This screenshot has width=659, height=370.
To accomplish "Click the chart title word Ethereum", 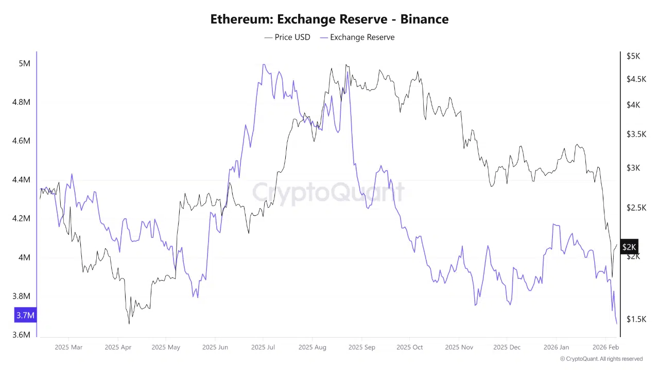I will (x=241, y=20).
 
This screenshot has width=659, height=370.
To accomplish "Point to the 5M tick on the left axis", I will (x=24, y=63).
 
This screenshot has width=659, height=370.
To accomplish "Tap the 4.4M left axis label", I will (x=21, y=180).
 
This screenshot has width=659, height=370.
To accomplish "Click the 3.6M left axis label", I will (x=21, y=335).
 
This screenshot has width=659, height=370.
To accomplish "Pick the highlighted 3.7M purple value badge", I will (x=25, y=315).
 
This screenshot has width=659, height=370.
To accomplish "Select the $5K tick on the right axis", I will (x=633, y=56).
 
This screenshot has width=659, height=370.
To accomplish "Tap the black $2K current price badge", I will (x=629, y=247).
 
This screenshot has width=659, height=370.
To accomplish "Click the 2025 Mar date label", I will (x=68, y=347).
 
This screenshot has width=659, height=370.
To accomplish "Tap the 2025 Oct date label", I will (x=410, y=347).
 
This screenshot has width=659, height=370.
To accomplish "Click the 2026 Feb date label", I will (x=605, y=347).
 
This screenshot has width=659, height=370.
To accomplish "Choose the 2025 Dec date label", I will (x=507, y=347).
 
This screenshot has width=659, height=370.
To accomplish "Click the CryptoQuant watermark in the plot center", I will (x=328, y=193).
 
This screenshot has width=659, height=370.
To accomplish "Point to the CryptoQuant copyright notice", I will (x=601, y=359).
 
